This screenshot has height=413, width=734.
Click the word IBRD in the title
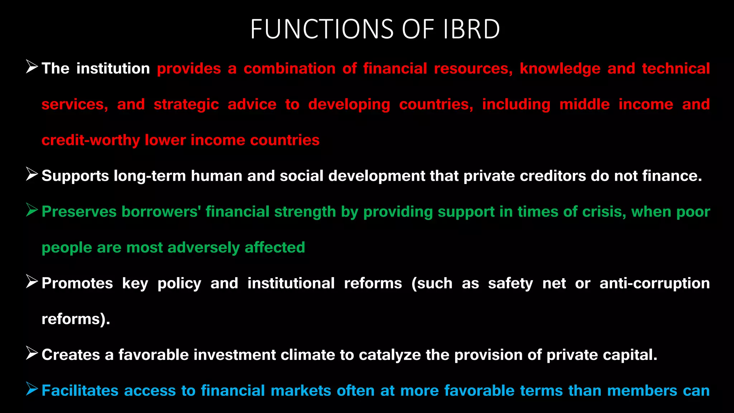click(471, 29)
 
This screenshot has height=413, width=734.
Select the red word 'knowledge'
click(560, 69)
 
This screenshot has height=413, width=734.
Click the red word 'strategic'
click(186, 105)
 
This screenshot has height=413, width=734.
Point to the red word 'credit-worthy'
click(91, 140)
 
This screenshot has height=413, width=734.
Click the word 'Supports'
click(75, 176)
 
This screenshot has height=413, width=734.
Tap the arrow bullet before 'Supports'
click(32, 174)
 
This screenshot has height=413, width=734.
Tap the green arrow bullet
click(32, 210)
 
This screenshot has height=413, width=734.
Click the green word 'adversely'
click(204, 248)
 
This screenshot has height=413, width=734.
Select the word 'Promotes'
click(77, 283)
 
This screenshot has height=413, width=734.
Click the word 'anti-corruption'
click(654, 283)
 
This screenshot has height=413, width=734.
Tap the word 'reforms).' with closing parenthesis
click(76, 319)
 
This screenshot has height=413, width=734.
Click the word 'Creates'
click(71, 355)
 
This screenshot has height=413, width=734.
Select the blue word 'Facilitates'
click(80, 391)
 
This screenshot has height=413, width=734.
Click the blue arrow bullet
click(32, 389)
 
